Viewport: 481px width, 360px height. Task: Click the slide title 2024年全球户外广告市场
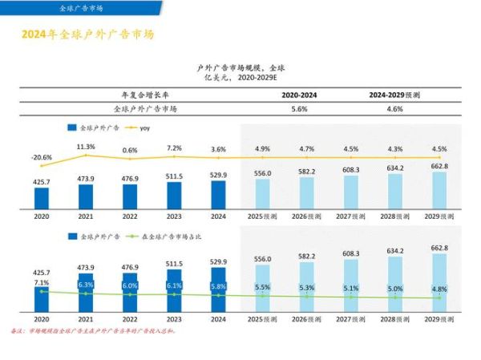(87, 35)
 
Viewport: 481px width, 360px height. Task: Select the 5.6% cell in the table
(299, 108)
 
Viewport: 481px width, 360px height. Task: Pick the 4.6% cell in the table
(394, 108)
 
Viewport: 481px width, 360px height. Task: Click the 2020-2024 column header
(299, 95)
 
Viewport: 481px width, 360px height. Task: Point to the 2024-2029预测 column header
(394, 95)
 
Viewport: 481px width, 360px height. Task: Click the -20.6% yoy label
(42, 157)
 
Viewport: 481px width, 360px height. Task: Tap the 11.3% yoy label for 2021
(86, 147)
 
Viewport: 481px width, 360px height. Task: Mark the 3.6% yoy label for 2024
(218, 150)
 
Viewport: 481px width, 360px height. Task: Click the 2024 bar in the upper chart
(218, 193)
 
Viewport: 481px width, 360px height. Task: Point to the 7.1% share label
(42, 283)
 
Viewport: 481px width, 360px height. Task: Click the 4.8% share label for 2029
(439, 289)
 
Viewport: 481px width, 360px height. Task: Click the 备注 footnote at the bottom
(92, 330)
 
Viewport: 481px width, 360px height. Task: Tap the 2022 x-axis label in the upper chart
(130, 216)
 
